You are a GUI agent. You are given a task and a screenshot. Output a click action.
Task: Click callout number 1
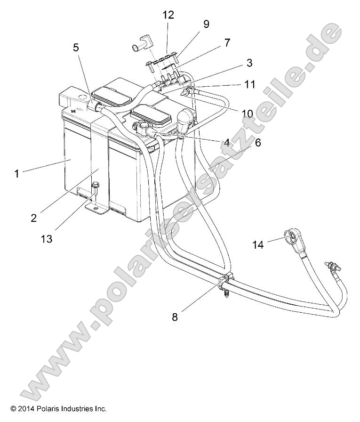pos(17,173)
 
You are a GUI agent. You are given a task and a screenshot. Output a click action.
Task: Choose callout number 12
pos(168,15)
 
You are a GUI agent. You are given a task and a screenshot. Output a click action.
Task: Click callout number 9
pos(206,24)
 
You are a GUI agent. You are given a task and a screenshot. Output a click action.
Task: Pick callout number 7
pos(227,42)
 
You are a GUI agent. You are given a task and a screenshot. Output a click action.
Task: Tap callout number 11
pos(249,84)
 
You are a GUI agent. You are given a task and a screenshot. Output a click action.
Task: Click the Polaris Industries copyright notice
pos(59,408)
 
